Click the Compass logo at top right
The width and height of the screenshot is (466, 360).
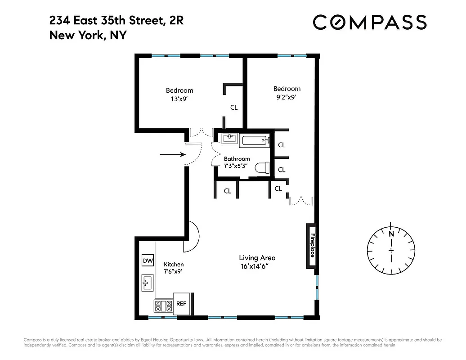(x=369, y=22)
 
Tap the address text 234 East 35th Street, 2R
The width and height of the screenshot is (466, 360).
(x=116, y=20)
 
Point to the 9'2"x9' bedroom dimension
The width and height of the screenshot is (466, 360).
(x=287, y=97)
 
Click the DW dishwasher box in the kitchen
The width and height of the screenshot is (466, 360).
(x=148, y=261)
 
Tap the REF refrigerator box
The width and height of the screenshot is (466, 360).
(x=181, y=304)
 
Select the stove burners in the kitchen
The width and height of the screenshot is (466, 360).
(x=163, y=306)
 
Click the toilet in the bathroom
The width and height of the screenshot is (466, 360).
(x=262, y=168)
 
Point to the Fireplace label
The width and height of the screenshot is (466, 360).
(x=311, y=246)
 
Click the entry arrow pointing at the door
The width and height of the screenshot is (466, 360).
(x=173, y=154)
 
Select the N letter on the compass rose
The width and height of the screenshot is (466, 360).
(x=391, y=234)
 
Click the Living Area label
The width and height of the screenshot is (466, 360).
(x=257, y=258)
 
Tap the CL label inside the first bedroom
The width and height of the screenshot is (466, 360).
(x=234, y=108)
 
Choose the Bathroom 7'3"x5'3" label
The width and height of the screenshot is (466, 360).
(x=237, y=162)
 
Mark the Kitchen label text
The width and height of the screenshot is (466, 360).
(x=173, y=265)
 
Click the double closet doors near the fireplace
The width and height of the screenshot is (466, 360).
(x=300, y=200)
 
